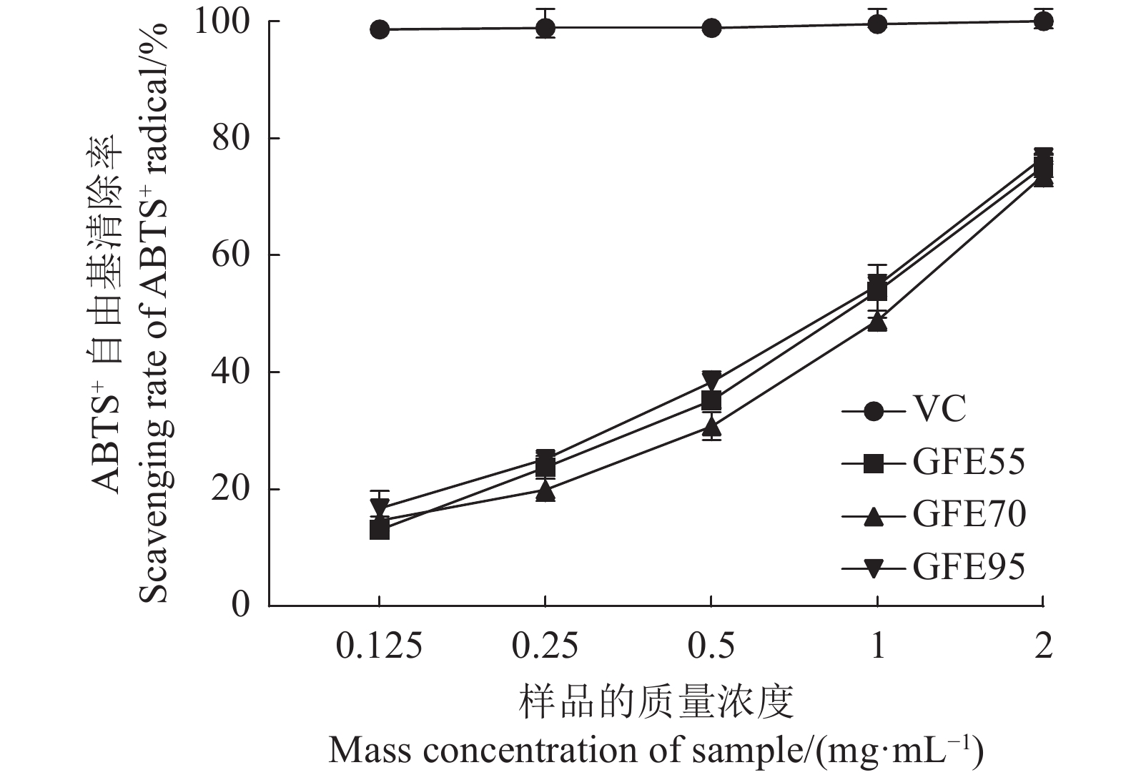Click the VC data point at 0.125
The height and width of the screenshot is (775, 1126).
[x=380, y=29]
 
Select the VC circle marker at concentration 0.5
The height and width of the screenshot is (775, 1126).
[x=711, y=28]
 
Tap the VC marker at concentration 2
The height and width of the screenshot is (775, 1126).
[x=1043, y=21]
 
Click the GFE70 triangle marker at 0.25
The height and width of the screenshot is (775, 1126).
[x=545, y=491]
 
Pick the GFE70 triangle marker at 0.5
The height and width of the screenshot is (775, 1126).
[x=711, y=427]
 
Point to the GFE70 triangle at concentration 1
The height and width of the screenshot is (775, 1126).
[x=877, y=322]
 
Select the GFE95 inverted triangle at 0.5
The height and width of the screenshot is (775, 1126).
[x=711, y=379]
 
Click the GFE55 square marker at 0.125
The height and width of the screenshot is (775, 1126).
[x=380, y=530]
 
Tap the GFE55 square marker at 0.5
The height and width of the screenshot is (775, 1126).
[x=711, y=401]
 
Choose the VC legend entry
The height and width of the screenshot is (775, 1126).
[x=939, y=410]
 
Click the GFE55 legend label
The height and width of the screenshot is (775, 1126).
[x=968, y=463]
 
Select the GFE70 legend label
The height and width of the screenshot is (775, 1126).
[x=969, y=515]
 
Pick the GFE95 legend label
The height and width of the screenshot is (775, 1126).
[x=968, y=568]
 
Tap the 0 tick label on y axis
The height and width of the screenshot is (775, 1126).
[x=241, y=606]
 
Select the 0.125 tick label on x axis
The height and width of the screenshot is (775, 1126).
[x=380, y=647]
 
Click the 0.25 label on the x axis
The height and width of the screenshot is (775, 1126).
[x=545, y=647]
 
